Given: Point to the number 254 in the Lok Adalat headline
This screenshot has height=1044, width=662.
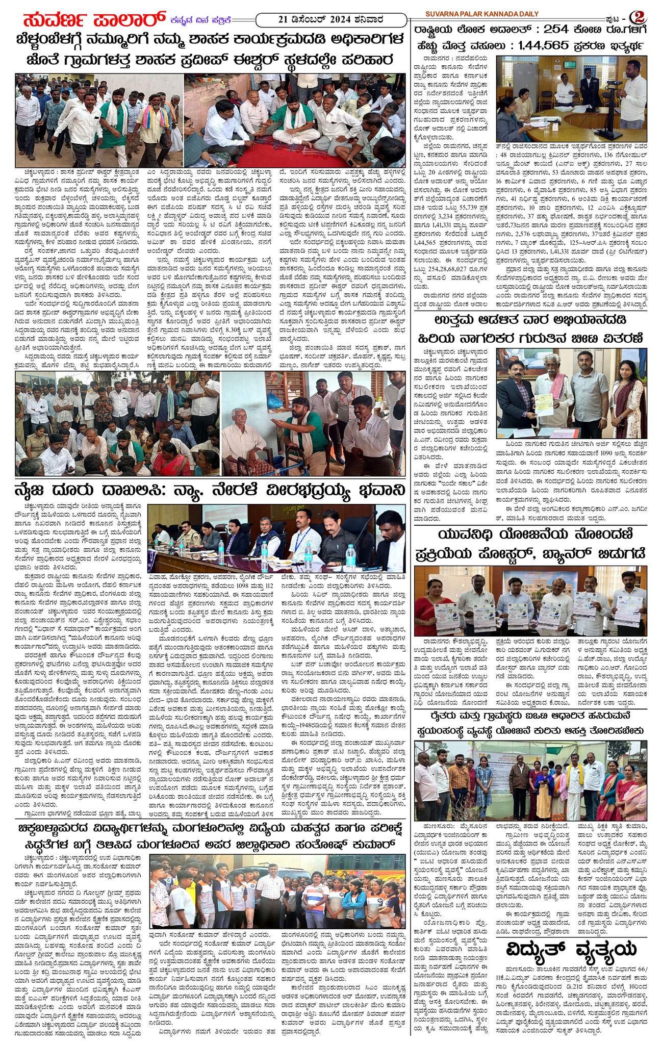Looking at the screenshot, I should pos(561,29).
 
